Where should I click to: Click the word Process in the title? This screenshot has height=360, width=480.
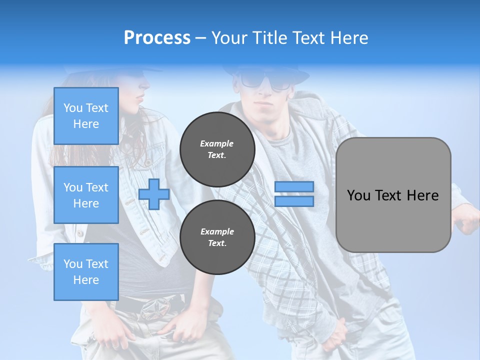tap(157, 37)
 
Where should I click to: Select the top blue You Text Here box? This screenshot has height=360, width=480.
tap(86, 116)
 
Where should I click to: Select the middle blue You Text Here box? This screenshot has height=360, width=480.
tap(86, 195)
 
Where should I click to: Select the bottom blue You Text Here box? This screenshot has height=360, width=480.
tap(86, 271)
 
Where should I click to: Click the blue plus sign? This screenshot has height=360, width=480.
tap(154, 194)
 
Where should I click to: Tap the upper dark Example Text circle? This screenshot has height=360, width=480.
tap(217, 149)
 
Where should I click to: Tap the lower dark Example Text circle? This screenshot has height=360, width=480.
tap(217, 237)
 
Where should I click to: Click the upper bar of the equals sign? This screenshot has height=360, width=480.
tap(294, 187)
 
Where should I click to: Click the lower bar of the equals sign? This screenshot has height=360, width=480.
tap(294, 201)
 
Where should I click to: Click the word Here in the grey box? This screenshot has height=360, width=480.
tap(422, 195)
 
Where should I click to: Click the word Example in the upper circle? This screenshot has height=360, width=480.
tap(217, 143)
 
